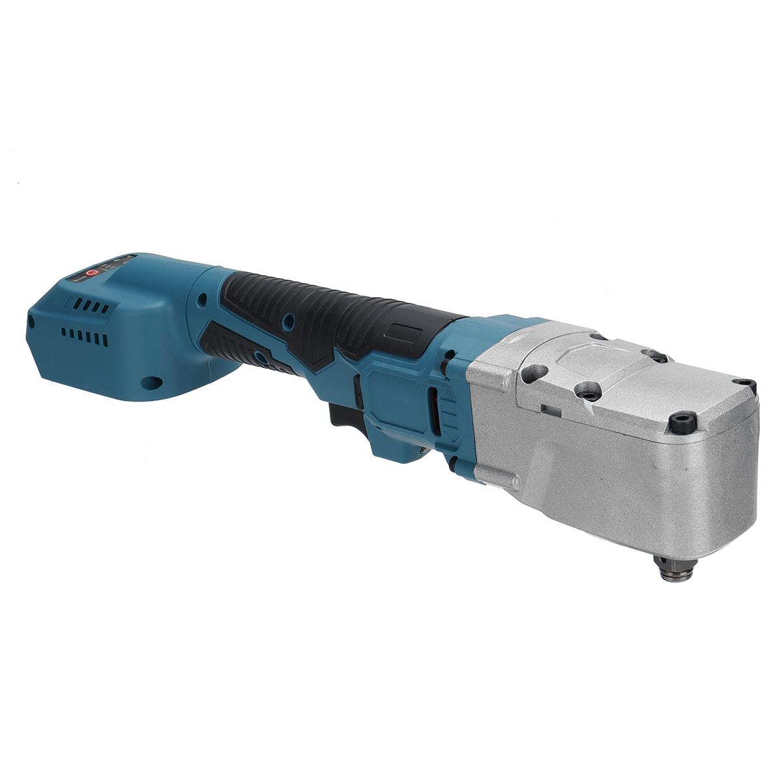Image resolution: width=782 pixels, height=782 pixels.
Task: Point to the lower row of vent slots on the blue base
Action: [x=83, y=338]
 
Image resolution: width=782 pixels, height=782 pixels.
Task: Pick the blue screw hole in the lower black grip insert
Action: [x=262, y=355]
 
